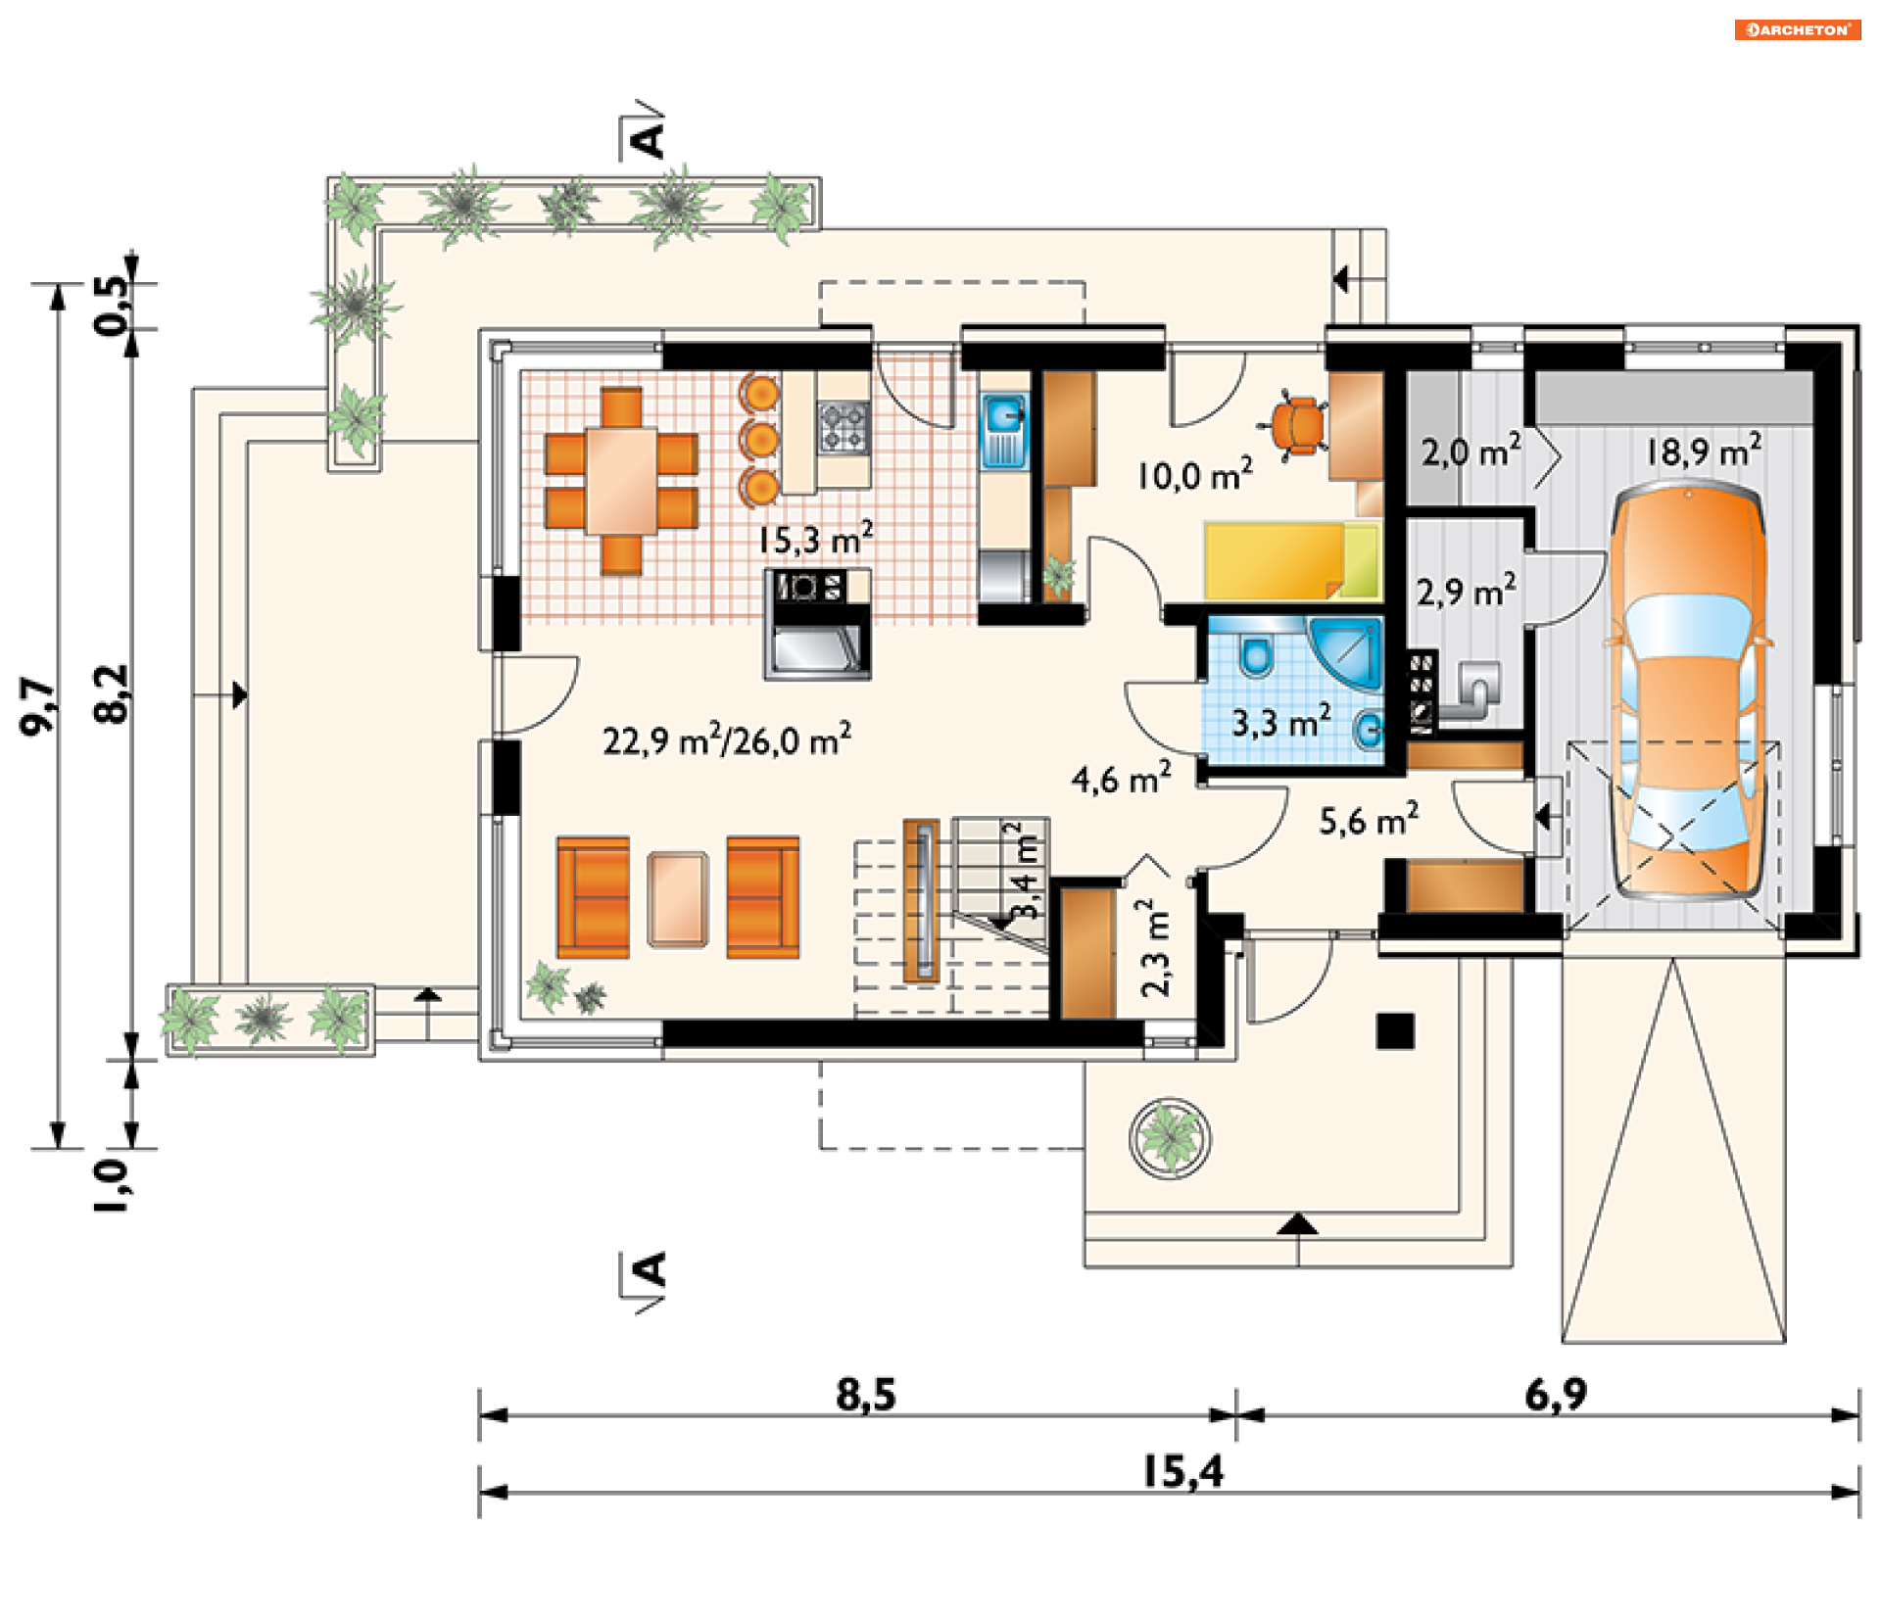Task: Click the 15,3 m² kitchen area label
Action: tap(815, 539)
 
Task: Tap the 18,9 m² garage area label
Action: tap(1704, 451)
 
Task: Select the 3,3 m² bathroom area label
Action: tap(1280, 722)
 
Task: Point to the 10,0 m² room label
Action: tap(1194, 474)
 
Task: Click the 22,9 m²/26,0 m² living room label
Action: tap(727, 739)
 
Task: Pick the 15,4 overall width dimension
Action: tap(1183, 1471)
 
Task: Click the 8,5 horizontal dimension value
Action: tap(866, 1394)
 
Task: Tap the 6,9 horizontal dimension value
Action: tap(1556, 1394)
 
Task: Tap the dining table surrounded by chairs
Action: tap(621, 481)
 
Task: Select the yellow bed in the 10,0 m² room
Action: tap(1292, 561)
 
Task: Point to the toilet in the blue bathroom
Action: tap(1255, 653)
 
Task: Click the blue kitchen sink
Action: tap(1004, 431)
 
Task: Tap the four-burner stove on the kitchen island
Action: tap(844, 427)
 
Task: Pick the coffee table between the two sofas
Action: tap(677, 899)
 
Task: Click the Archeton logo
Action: tap(1798, 29)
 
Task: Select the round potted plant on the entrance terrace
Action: tap(1170, 1137)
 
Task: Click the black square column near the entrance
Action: tap(1395, 1031)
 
